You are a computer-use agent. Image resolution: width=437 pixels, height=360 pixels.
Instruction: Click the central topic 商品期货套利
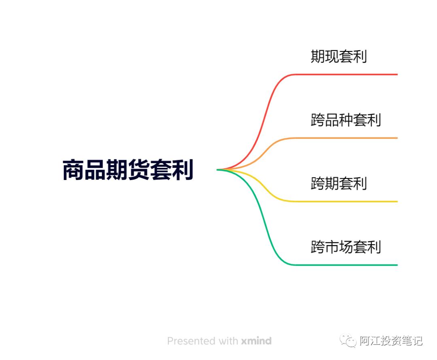point(128,170)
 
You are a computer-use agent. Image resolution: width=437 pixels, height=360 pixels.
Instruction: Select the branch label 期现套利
point(339,57)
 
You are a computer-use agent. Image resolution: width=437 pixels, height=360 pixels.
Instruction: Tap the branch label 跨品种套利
point(346,120)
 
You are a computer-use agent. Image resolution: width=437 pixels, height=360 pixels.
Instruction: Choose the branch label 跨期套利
point(339,184)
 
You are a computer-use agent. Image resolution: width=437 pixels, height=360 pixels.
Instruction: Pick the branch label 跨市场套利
point(346,247)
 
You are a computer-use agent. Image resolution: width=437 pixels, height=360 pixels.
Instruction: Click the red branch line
point(344,74)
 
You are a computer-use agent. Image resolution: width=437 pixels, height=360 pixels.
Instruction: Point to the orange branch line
point(344,138)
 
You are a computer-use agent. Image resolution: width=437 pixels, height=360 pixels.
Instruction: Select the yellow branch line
point(344,201)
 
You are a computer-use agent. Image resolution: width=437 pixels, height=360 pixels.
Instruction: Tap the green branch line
point(344,265)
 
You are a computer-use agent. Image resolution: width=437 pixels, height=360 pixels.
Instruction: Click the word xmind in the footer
point(256,341)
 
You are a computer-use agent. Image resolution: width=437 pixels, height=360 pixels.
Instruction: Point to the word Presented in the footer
point(191,341)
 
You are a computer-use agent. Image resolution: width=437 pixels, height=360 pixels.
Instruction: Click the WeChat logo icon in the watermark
point(348,341)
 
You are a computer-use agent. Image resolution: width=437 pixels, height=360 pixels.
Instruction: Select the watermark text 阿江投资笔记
point(391,341)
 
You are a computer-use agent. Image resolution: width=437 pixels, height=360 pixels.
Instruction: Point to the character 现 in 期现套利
point(331,57)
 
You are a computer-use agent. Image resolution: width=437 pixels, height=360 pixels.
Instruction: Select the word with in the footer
point(228,341)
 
